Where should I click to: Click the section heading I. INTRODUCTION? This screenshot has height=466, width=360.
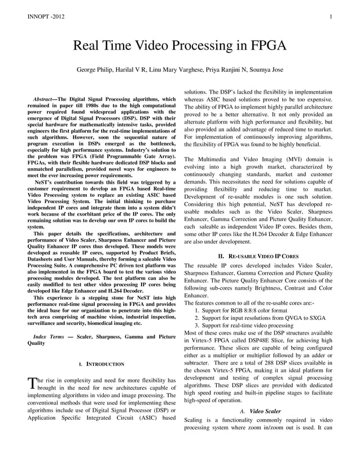102,364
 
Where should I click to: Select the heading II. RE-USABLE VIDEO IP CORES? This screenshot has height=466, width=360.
258,256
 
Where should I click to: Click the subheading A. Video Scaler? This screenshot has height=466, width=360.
260,411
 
